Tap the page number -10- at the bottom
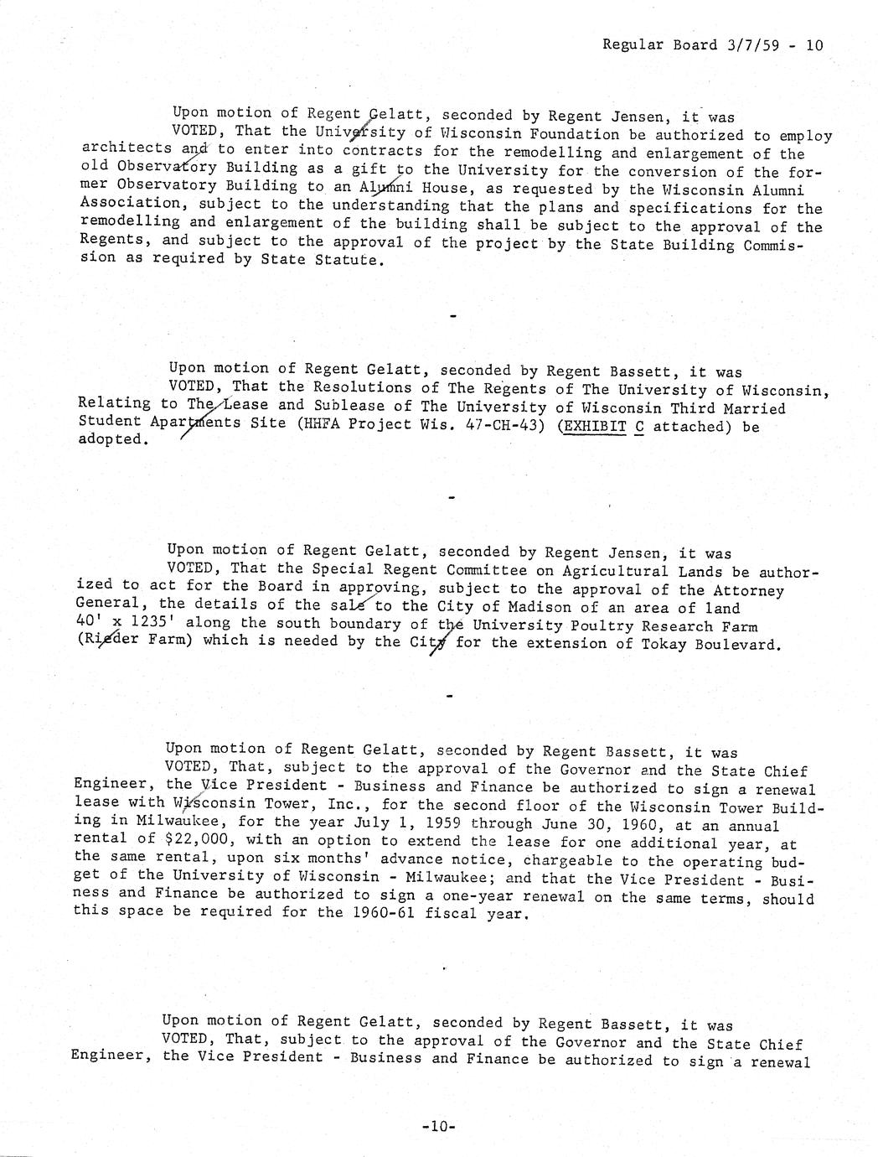439,1128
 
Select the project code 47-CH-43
495,426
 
